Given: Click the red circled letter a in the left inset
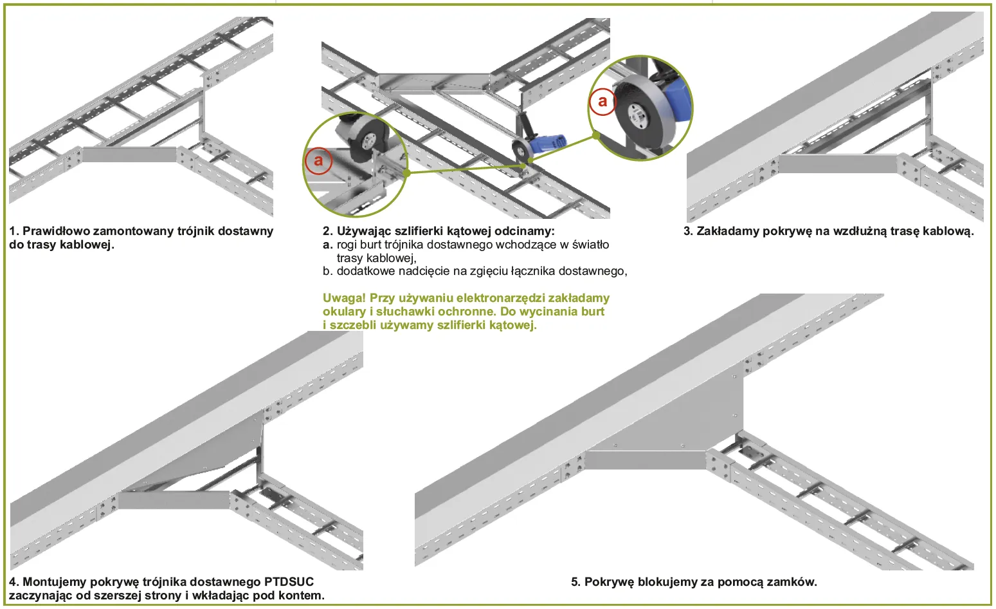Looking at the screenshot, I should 318,161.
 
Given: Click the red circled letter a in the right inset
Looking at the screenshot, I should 602,101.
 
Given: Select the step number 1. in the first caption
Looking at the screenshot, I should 14,231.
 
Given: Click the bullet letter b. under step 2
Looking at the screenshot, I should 328,271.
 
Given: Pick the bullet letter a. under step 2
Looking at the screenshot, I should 328,245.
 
